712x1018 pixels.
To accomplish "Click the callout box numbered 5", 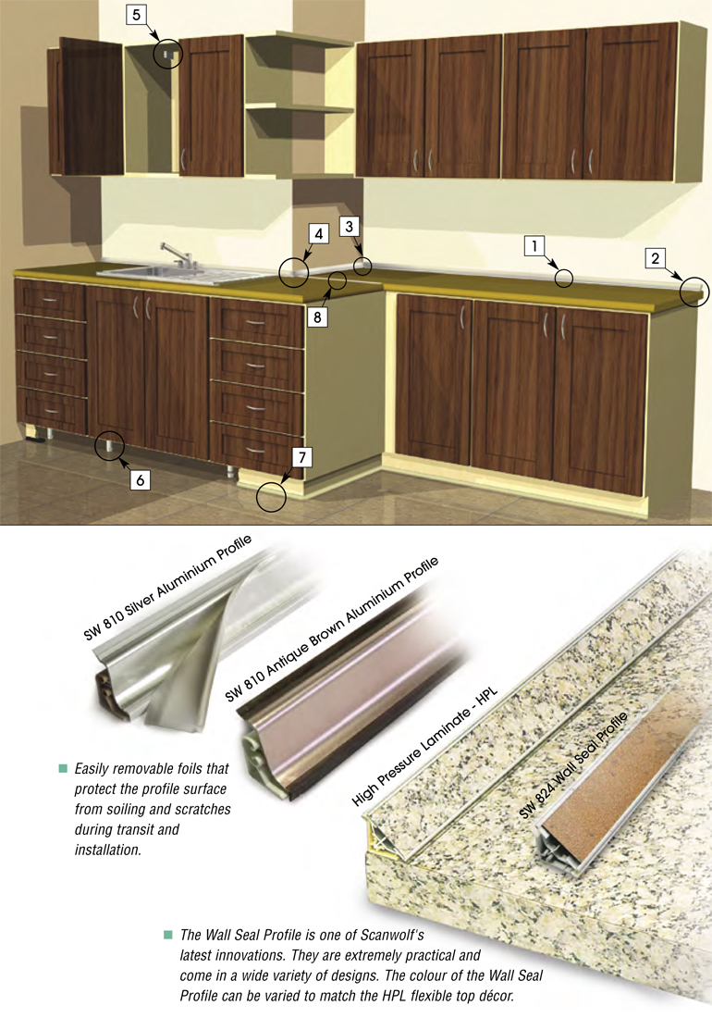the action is point(136,15).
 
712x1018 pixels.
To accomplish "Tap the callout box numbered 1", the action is point(534,246).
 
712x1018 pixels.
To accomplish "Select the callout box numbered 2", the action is point(655,258).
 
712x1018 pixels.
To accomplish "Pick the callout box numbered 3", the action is point(350,227).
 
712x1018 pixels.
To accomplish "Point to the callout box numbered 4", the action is point(318,234).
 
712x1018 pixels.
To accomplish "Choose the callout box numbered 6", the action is point(140,479).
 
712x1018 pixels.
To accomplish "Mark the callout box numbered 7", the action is point(301,457).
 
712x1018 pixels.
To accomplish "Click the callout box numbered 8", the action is point(317,317).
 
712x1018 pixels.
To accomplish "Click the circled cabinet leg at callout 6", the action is point(110,447).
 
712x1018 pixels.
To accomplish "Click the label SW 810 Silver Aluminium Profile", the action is point(167,589).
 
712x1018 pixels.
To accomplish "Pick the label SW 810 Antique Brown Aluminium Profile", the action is point(331,628).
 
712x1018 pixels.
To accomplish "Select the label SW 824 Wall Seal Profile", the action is point(574,764).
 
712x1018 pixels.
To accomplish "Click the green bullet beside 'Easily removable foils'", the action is point(63,769).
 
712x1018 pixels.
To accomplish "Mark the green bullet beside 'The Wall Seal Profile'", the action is point(168,935).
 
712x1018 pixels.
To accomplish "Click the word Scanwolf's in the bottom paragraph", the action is point(392,936).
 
